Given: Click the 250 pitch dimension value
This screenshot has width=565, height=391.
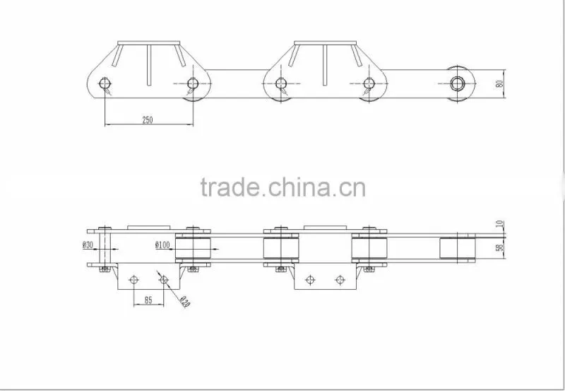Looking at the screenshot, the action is [x=148, y=119].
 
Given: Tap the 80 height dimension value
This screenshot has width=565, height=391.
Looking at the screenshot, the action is [x=499, y=83].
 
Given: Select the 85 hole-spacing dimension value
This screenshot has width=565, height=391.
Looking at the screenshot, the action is [x=148, y=300].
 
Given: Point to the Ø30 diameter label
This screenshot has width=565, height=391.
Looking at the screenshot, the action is [x=88, y=245].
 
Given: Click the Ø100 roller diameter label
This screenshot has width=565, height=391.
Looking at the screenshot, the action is [x=162, y=245].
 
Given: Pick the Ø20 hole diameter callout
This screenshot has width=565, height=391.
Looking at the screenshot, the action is [x=184, y=302].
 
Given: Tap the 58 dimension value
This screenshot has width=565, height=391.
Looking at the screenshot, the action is [x=500, y=247].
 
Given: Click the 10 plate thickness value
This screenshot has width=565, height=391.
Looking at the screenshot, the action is [x=500, y=224].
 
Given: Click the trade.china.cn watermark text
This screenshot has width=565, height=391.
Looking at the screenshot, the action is [x=283, y=187].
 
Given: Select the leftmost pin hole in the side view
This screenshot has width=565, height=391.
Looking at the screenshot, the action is [x=105, y=83].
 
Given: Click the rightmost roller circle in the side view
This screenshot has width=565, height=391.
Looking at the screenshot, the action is [x=457, y=83].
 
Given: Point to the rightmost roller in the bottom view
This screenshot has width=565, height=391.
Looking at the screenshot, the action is [x=457, y=248].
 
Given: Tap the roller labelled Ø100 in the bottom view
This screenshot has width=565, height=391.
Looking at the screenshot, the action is [x=193, y=248].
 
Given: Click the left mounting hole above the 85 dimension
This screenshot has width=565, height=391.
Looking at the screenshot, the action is [x=133, y=279].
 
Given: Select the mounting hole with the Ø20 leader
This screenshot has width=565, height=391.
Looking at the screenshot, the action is [x=164, y=279].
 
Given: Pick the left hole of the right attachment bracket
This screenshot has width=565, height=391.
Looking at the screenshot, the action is [x=310, y=279].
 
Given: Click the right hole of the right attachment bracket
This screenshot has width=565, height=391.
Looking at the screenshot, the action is [x=340, y=279].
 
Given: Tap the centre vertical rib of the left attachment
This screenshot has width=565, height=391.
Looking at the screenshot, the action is [x=149, y=65].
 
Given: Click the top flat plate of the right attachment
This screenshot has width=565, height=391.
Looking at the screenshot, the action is [x=325, y=43].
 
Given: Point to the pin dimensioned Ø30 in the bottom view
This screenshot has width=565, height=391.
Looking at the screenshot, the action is [x=105, y=248].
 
